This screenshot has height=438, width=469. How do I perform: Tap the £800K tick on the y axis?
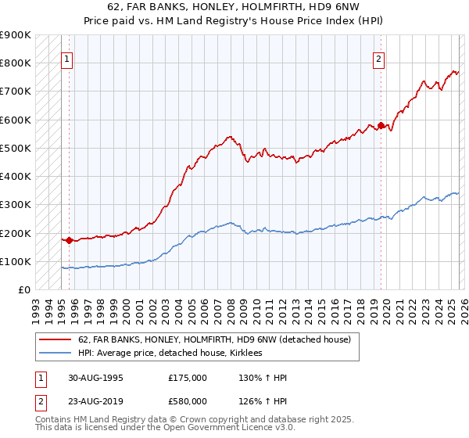point(16,63)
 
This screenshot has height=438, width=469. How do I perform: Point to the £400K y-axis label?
point(16,177)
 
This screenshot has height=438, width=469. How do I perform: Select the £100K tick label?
point(16,262)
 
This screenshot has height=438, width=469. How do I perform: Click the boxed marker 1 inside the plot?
point(66,58)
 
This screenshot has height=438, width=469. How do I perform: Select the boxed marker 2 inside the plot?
point(379,58)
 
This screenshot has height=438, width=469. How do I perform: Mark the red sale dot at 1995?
point(69,240)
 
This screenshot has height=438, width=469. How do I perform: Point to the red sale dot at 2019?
point(381,125)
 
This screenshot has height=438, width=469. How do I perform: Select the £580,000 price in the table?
point(188,402)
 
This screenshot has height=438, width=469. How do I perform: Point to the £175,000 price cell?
point(188,377)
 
